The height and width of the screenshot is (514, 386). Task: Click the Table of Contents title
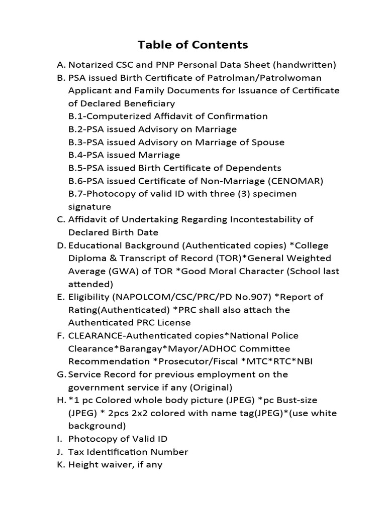click(x=193, y=45)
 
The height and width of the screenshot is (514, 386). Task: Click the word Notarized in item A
click(x=89, y=65)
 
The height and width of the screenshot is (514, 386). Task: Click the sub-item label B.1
click(x=76, y=116)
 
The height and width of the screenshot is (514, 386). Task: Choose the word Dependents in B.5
click(x=255, y=168)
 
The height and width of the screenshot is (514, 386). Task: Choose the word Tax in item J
click(x=75, y=452)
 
